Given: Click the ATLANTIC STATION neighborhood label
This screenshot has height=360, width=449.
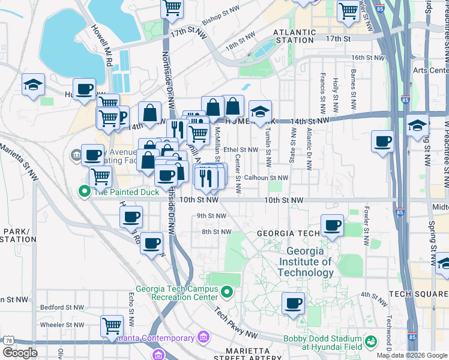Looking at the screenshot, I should coord(294,36).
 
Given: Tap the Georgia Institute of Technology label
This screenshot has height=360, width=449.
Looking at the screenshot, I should coord(309,262).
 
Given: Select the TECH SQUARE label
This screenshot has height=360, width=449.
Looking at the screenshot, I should coord(418,294).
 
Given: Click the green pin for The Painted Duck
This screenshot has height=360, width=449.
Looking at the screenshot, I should coord(85,192).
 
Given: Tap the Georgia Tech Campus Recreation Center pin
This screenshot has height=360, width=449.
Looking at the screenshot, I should coord(226,292).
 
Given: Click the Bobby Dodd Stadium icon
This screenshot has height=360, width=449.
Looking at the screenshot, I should coord(371,341).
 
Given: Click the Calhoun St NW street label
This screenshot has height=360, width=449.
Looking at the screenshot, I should coord(266,178).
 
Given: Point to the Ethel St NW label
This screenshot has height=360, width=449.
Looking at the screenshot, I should coord(240,149).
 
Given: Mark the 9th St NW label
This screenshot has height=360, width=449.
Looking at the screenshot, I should coord(211,216).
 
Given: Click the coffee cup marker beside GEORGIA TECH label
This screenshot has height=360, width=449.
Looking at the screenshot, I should coord(332,226).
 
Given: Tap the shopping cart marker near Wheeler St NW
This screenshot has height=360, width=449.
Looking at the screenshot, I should coord(112,326).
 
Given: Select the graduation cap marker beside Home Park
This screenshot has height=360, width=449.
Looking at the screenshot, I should coord(260,112).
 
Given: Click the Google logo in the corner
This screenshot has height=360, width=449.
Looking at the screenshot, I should coord(20,353).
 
